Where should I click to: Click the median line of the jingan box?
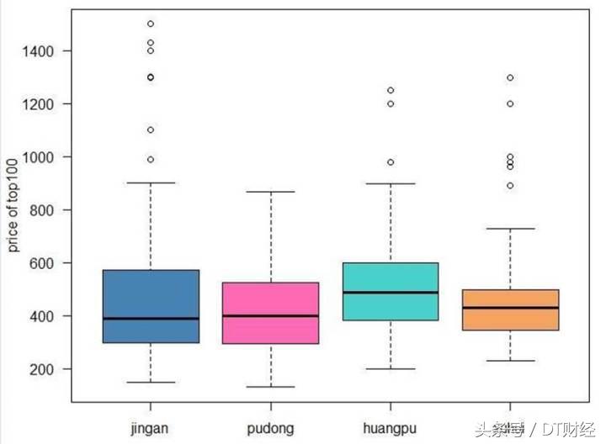[150, 319]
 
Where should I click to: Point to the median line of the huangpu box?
[391, 293]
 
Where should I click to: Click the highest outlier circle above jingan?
[150, 24]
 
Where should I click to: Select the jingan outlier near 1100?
[150, 129]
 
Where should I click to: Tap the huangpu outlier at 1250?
[391, 90]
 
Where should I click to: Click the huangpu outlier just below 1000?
[391, 162]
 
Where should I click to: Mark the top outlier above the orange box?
[510, 77]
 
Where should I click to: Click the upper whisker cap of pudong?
[270, 192]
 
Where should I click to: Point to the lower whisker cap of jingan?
[150, 383]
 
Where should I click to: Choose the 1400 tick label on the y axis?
[39, 51]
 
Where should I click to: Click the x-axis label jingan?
[150, 428]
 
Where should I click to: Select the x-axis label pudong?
[270, 428]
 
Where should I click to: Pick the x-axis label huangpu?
[391, 428]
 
